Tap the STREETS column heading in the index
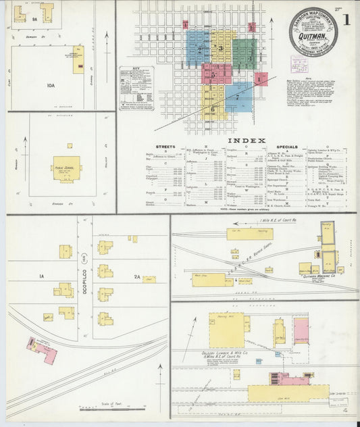[165, 147]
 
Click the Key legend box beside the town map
[136, 87]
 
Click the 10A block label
[50, 85]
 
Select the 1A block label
[41, 276]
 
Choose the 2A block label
[136, 276]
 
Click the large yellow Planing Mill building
[226, 330]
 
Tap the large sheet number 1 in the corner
[346, 20]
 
